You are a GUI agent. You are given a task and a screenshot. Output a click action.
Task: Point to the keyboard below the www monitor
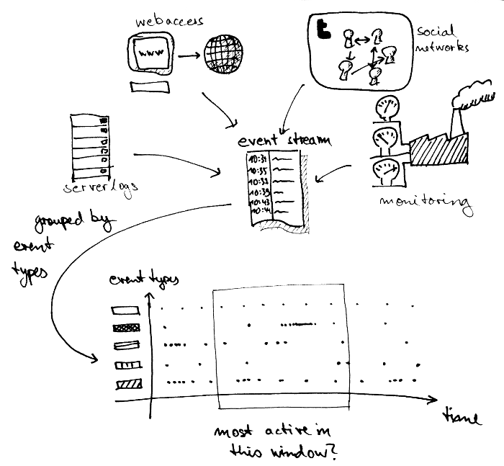click(151, 87)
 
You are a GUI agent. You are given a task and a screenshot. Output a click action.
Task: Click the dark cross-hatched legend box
click(125, 328)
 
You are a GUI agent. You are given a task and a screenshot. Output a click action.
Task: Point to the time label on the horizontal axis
click(460, 418)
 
